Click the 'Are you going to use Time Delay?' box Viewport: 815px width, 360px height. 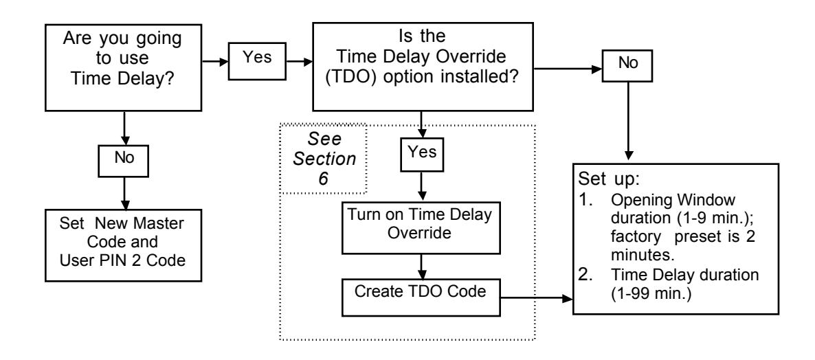pyautogui.click(x=123, y=67)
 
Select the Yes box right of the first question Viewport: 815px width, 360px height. pyautogui.click(x=258, y=62)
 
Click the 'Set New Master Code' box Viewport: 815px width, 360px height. pyautogui.click(x=123, y=245)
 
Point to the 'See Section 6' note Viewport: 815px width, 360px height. pyautogui.click(x=324, y=159)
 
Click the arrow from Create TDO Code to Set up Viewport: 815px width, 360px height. pyautogui.click(x=536, y=298)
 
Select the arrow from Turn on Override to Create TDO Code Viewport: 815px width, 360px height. pyautogui.click(x=421, y=265)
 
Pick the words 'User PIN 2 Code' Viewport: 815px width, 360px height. pyautogui.click(x=123, y=259)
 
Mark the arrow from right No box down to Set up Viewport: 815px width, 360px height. pyautogui.click(x=628, y=120)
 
